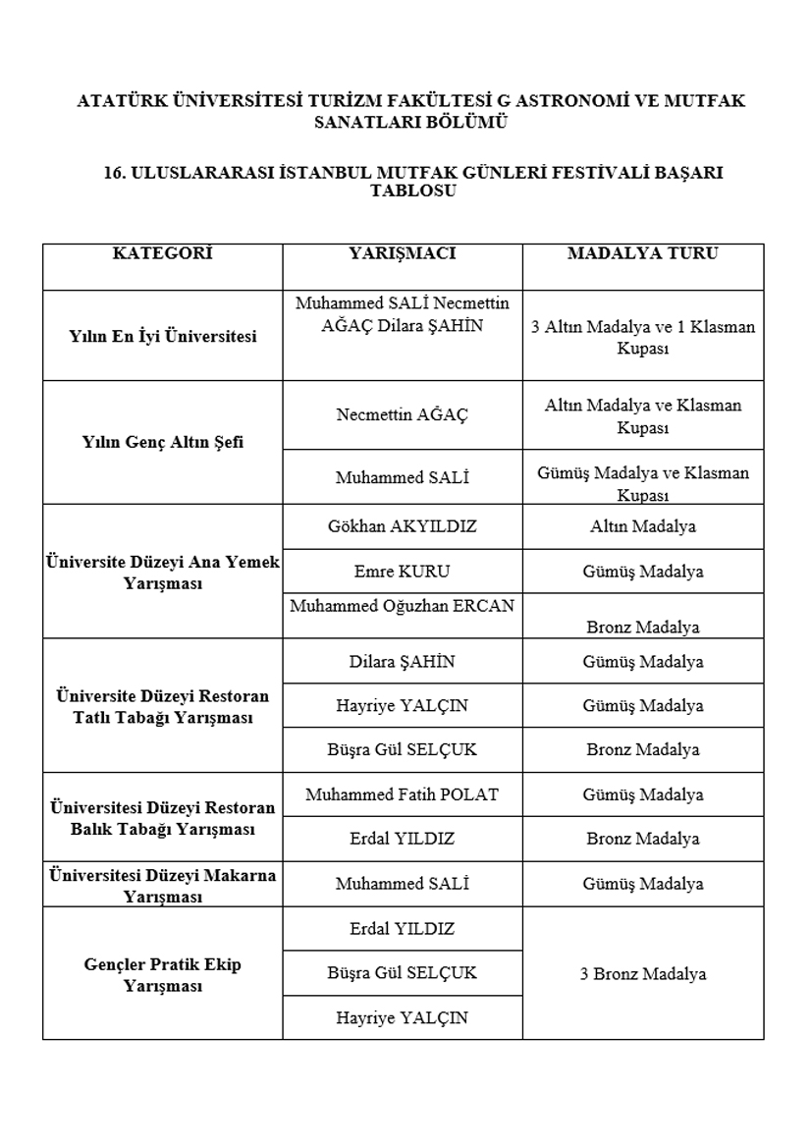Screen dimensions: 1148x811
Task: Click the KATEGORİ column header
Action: pos(162,253)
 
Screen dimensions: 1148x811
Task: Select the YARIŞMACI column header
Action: pos(403,253)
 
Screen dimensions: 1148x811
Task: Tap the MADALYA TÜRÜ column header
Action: pos(643,253)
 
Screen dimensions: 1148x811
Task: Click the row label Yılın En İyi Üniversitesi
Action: pos(163,337)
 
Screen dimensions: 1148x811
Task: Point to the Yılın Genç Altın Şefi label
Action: pos(163,442)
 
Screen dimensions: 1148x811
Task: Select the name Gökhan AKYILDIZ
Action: pos(403,526)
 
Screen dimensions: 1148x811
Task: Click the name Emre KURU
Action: pos(403,571)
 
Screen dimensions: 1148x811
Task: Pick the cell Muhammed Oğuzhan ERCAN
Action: pos(403,606)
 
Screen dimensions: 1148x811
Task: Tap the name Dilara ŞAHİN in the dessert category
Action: pos(403,661)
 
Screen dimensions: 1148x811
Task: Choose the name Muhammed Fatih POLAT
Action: pos(403,793)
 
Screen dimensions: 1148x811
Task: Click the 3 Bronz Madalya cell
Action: pos(643,974)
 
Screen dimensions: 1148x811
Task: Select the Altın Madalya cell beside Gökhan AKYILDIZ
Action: pos(643,526)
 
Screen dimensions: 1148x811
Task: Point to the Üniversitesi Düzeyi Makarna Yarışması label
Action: pos(163,885)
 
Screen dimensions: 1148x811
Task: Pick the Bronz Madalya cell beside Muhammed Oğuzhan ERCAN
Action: pos(643,627)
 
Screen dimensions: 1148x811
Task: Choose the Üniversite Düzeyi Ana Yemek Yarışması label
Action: pos(163,573)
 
